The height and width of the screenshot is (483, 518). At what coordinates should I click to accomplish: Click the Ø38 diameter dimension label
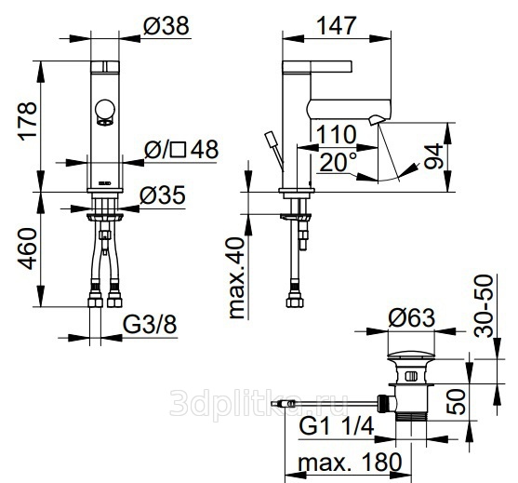coord(166,25)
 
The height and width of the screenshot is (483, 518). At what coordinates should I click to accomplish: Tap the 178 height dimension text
coord(28,122)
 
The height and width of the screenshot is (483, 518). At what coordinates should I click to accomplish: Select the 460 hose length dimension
coord(27,248)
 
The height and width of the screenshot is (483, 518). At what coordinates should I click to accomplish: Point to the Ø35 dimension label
coord(162,195)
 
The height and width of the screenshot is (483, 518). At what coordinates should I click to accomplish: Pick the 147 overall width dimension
coord(337,25)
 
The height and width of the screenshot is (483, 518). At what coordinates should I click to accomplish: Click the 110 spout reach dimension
coord(337,135)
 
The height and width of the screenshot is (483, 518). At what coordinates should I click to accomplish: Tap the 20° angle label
coord(339,162)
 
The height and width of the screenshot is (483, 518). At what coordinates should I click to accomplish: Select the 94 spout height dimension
coord(433,156)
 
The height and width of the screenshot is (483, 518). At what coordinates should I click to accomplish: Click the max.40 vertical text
coord(237,278)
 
